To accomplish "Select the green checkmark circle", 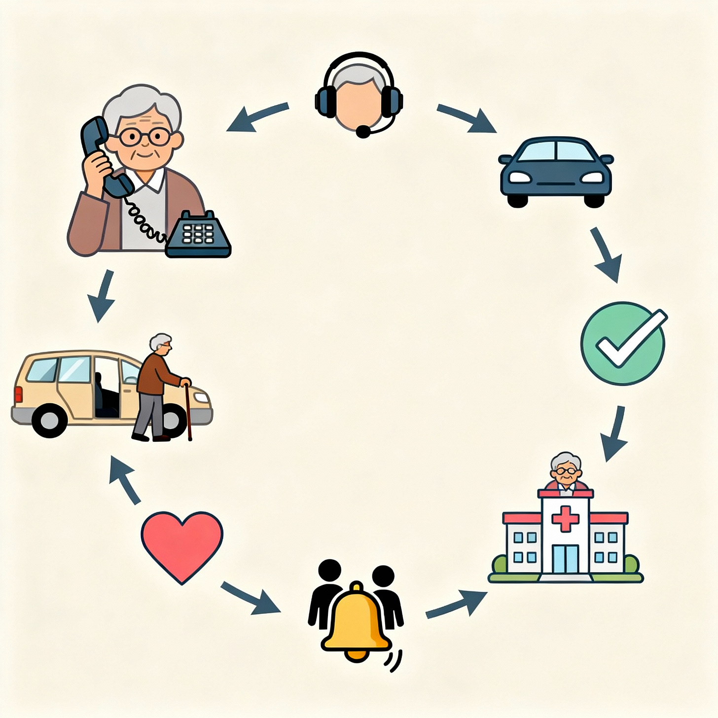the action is [x=623, y=343].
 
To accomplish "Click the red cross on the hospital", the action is [x=565, y=518].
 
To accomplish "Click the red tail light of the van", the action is [x=19, y=395].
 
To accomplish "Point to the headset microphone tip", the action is [x=363, y=132].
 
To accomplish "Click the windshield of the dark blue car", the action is [x=556, y=150].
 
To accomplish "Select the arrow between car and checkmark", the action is [x=606, y=254].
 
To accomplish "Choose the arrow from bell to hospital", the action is [x=457, y=604].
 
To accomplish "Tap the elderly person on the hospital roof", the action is [x=566, y=471].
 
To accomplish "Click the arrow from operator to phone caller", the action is [x=257, y=117].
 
